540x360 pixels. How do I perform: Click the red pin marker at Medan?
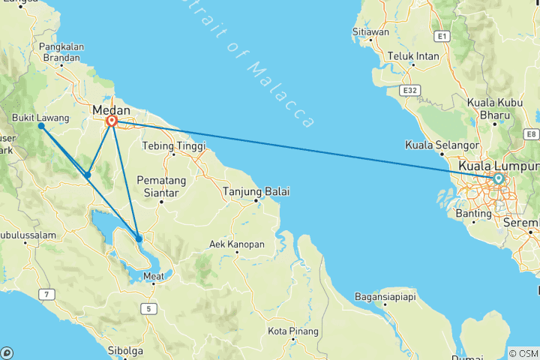(x=112, y=121)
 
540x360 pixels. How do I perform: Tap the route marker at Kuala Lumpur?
(x=498, y=178)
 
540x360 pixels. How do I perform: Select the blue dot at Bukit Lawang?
(x=41, y=125)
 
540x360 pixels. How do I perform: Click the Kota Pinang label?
(x=293, y=331)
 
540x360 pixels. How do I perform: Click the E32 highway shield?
(x=409, y=91)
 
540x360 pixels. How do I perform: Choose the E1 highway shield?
(x=442, y=35)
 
